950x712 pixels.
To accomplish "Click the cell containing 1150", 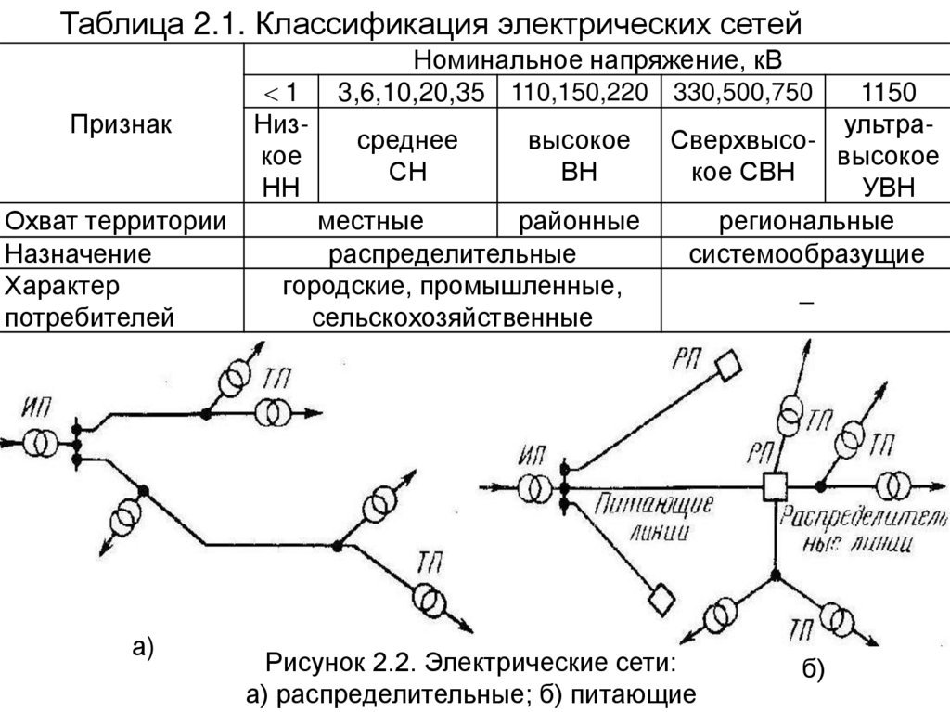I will click(x=888, y=92).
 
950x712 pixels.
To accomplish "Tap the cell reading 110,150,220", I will click(x=579, y=92).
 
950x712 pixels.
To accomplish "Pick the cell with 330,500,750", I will click(x=742, y=92).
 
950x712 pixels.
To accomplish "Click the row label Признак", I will click(x=122, y=124).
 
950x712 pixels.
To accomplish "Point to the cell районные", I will click(x=579, y=222).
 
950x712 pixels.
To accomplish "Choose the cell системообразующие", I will click(x=805, y=253).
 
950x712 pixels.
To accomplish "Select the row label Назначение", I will click(x=78, y=253).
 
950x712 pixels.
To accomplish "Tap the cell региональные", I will click(x=805, y=222).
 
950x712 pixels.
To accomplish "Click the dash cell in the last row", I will click(x=805, y=304).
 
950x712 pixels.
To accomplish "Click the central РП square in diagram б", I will click(x=773, y=485).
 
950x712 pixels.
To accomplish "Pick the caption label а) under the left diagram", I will click(x=141, y=647).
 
